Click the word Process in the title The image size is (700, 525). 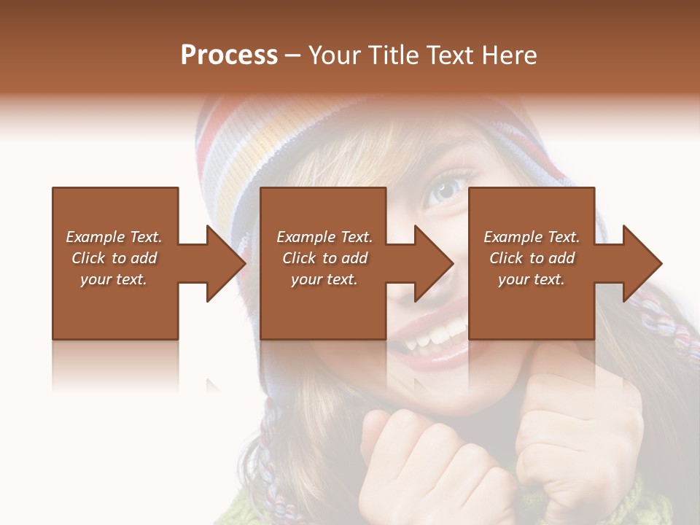point(229,55)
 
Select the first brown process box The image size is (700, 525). point(115,306)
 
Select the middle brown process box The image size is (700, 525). point(323,306)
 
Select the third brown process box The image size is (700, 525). point(531,306)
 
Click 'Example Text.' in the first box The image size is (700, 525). point(114,237)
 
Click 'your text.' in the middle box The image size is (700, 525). point(324,279)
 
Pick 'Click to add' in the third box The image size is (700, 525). point(532,258)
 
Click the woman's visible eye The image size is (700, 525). point(446,190)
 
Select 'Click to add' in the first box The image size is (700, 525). point(114,258)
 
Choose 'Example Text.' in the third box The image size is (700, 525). point(532,237)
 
